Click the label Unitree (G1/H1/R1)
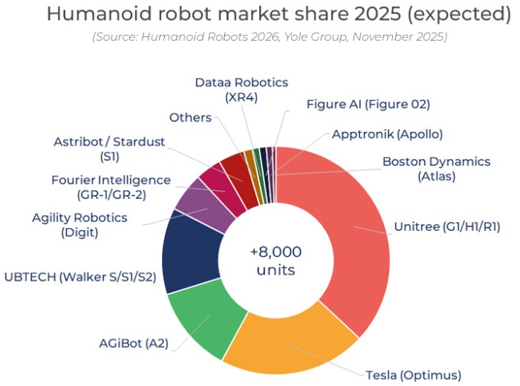(445, 226)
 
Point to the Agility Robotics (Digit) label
(79, 225)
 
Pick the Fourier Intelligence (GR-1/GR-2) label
(111, 188)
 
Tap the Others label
(190, 117)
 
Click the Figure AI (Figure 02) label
(368, 104)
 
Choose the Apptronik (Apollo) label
(387, 134)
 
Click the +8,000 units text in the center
(276, 261)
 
